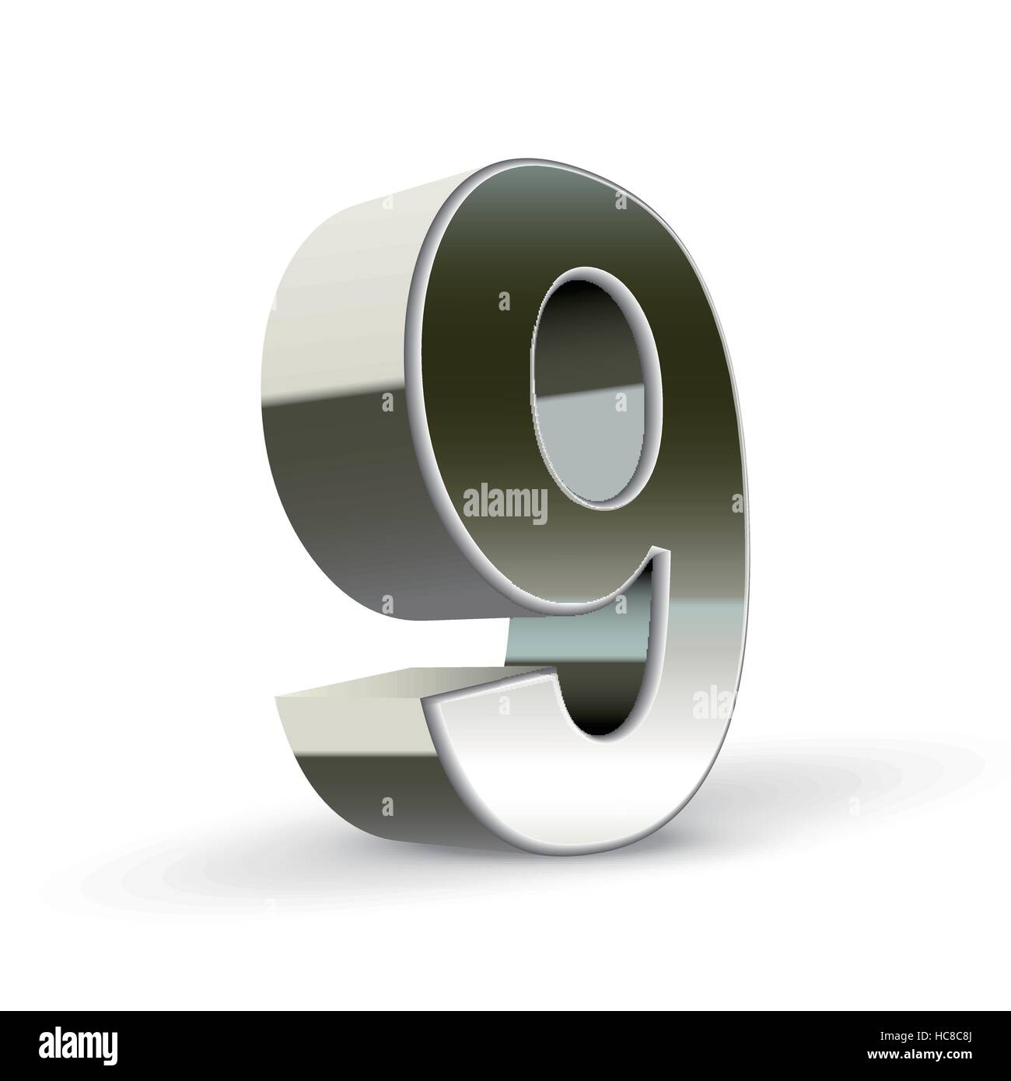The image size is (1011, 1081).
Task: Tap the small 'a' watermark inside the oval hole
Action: (620, 402)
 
